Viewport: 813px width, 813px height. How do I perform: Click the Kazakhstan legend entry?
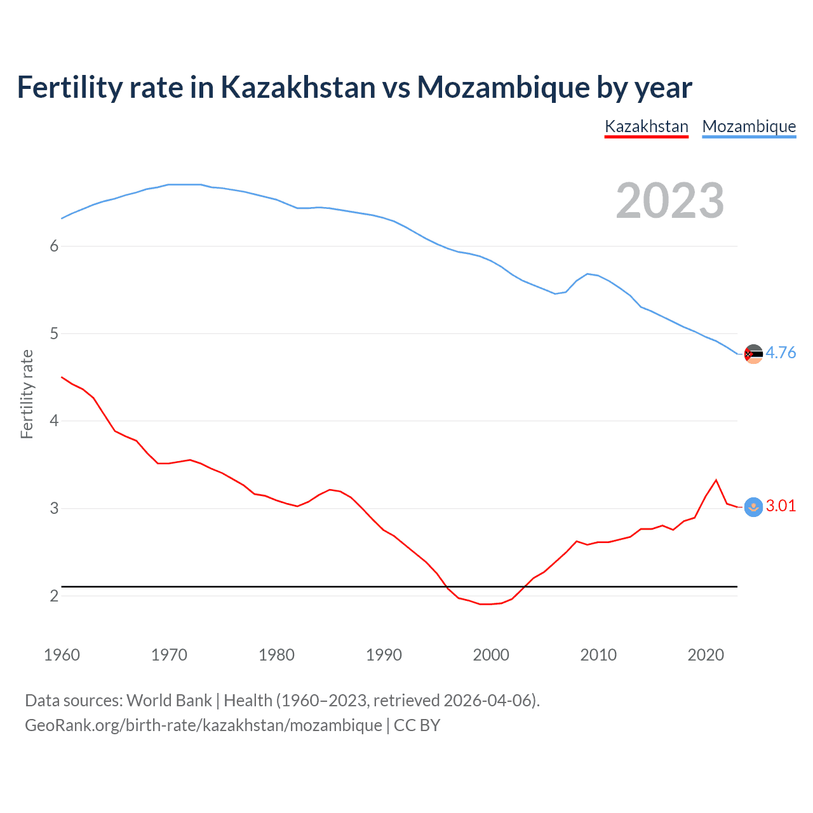click(646, 126)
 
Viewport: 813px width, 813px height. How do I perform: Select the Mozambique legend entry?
click(749, 126)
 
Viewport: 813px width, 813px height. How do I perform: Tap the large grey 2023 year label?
click(669, 201)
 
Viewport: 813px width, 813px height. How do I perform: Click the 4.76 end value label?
click(781, 353)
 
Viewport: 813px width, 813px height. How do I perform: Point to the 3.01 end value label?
click(781, 506)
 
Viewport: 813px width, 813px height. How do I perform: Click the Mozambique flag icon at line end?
click(753, 354)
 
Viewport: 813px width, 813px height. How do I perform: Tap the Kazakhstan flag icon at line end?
click(753, 507)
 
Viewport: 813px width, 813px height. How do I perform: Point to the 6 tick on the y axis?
click(54, 246)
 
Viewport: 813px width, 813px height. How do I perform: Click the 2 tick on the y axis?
click(54, 596)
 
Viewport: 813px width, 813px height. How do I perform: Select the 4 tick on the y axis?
click(54, 421)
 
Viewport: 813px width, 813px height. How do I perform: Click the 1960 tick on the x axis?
click(62, 655)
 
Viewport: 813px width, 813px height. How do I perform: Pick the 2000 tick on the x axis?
click(491, 655)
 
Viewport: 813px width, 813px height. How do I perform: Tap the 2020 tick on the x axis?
click(706, 655)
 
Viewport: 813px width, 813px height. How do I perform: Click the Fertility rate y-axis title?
click(27, 394)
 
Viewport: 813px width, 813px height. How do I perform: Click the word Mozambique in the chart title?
click(502, 87)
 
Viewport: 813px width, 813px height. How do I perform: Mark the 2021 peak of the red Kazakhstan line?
click(716, 480)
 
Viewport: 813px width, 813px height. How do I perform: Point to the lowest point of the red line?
click(486, 604)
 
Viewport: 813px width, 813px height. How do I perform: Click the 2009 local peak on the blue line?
click(588, 274)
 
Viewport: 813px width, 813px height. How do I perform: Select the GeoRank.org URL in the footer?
click(203, 725)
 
